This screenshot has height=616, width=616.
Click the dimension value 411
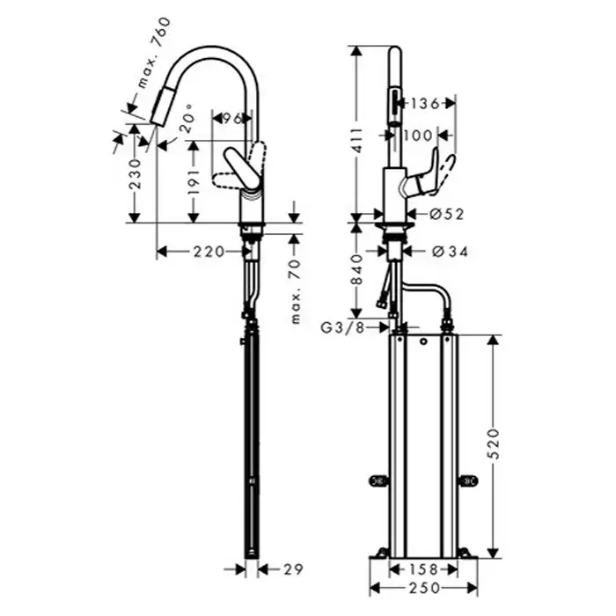[x=357, y=142]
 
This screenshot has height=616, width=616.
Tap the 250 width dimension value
[x=424, y=588]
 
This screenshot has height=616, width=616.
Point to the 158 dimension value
[x=423, y=568]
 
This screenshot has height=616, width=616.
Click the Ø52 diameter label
[x=447, y=214]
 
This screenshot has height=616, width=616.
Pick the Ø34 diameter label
[x=451, y=252]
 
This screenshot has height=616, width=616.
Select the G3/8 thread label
[x=342, y=327]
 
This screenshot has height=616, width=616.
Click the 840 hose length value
[x=357, y=269]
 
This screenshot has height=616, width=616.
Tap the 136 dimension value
[x=425, y=104]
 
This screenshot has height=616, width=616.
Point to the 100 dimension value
[x=418, y=136]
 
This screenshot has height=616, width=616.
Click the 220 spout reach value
[x=209, y=252]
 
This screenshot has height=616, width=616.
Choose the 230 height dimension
[x=136, y=173]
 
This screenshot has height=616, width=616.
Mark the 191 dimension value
[x=194, y=182]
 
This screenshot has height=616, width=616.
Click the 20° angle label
[x=187, y=118]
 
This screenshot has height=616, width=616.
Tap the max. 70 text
[x=296, y=291]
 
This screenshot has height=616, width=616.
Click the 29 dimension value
[x=293, y=569]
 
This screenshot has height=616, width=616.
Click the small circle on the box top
[x=423, y=341]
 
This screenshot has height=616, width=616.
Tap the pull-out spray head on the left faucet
[x=161, y=106]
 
